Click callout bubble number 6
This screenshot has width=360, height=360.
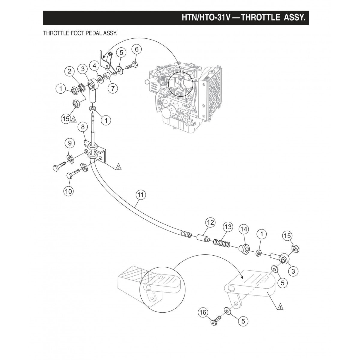coord(136,49)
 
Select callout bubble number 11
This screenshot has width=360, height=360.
coord(140,194)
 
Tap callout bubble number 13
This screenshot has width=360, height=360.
coord(228,227)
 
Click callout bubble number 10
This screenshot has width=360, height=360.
coord(69,191)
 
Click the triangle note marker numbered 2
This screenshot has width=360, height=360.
coord(118,167)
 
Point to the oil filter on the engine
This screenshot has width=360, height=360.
coord(167,113)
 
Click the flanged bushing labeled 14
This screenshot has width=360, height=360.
coord(243,249)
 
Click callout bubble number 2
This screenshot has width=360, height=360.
coord(69,71)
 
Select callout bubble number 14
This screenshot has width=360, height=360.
coord(244,229)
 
